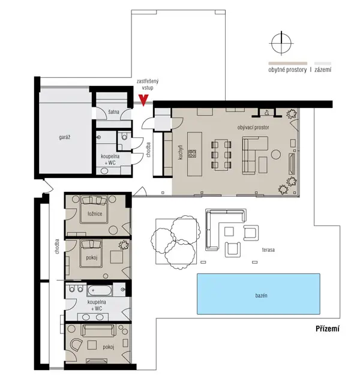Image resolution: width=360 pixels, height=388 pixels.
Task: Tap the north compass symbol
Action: tap(281, 43)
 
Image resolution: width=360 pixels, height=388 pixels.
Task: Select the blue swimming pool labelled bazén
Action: tap(258, 294)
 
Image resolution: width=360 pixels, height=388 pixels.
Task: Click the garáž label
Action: tap(65, 137)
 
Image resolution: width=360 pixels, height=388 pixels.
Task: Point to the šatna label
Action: tap(113, 112)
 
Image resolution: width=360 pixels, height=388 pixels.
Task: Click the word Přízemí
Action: tap(328, 329)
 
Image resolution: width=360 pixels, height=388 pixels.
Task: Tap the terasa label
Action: tap(268, 249)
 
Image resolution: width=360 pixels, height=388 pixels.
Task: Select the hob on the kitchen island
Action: tap(192, 154)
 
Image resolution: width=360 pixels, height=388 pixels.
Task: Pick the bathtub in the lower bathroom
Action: tap(99, 290)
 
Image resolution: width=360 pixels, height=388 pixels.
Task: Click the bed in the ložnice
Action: tap(95, 209)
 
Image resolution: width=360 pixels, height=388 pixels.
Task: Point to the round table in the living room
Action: tap(276, 154)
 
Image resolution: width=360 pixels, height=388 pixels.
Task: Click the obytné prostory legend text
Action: tap(287, 70)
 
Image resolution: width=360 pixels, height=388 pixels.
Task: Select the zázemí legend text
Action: tap(323, 70)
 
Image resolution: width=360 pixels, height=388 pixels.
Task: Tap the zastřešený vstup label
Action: tap(148, 85)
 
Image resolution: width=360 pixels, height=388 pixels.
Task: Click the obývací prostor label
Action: tap(253, 128)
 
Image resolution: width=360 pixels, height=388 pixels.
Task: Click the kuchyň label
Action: tap(181, 152)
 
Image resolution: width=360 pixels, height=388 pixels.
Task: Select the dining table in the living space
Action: tap(221, 155)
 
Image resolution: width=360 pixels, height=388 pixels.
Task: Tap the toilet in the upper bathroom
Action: tap(124, 136)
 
